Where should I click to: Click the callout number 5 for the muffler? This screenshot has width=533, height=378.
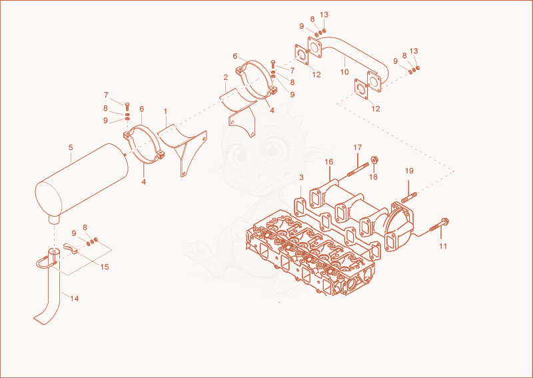tap(71, 147)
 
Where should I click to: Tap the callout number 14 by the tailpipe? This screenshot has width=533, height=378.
tap(75, 299)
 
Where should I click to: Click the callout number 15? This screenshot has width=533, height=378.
tap(105, 267)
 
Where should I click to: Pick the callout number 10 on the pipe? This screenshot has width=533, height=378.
tap(344, 72)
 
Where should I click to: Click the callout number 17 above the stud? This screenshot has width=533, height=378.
tap(358, 147)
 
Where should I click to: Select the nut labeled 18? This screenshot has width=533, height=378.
tap(375, 159)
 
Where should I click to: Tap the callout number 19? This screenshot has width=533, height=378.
tap(409, 171)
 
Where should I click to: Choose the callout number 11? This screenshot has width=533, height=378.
tap(443, 245)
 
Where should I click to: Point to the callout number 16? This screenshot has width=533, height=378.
tap(328, 161)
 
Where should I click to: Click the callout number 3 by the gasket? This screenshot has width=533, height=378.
tap(301, 177)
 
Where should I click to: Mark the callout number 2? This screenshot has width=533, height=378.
tap(225, 77)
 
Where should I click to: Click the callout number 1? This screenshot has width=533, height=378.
tap(165, 111)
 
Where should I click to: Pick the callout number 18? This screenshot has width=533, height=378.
tap(373, 177)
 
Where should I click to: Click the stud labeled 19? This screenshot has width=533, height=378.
tap(410, 197)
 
